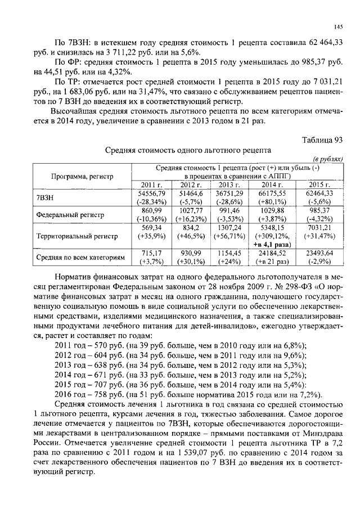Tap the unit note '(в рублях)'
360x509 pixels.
pos(327,160)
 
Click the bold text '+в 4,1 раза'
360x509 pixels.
pos(272,246)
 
